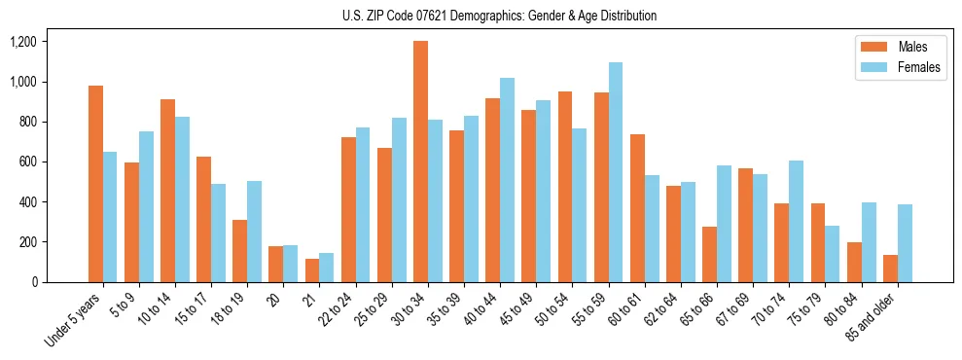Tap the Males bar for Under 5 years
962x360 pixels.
coord(95,184)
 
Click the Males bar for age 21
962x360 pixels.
coord(312,270)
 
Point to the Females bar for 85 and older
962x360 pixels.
coord(905,243)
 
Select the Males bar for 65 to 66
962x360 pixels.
coord(710,254)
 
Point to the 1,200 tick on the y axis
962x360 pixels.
coord(23,42)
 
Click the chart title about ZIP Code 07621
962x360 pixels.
coord(499,16)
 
